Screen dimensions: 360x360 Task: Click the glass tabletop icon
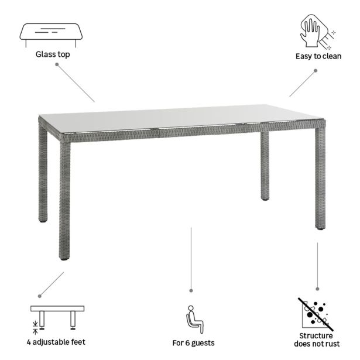click(51, 34)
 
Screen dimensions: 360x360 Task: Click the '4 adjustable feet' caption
click(57, 342)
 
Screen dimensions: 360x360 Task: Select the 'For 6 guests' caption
click(193, 342)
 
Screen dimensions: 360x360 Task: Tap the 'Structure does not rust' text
click(316, 340)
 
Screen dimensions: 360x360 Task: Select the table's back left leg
click(43, 176)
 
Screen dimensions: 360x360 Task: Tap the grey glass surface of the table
click(181, 117)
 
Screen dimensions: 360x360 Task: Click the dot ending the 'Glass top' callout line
click(57, 64)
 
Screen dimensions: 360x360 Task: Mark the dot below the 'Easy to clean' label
click(315, 70)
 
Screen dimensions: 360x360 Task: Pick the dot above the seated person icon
click(191, 289)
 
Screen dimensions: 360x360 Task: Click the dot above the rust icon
click(317, 288)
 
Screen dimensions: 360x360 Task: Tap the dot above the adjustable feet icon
click(40, 296)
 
